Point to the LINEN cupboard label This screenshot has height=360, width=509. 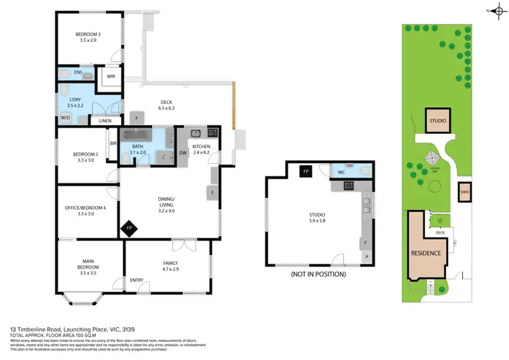(105, 121)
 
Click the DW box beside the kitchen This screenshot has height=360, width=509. (183, 153)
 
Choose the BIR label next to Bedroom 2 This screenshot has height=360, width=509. (113, 143)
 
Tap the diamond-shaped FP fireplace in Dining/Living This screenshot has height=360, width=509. (129, 229)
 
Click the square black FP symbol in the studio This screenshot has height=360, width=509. (306, 173)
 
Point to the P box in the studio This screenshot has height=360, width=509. (366, 257)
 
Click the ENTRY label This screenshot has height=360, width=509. (137, 280)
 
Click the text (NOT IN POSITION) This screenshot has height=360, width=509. (318, 274)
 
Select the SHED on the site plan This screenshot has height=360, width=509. (465, 192)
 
